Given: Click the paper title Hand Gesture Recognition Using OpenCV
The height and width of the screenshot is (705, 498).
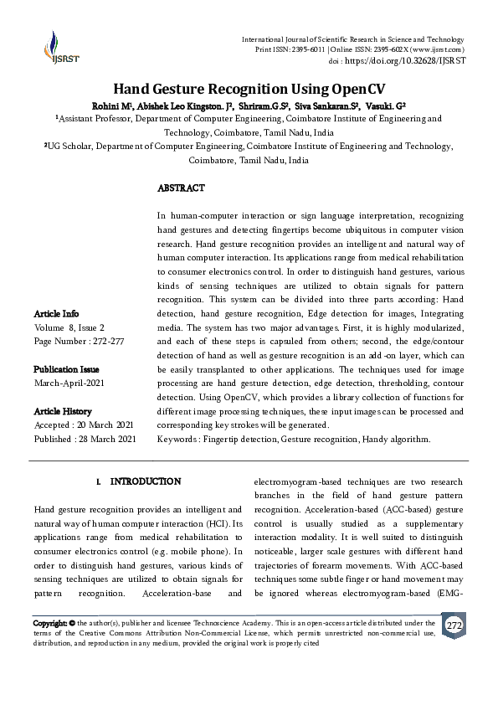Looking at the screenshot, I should pyautogui.click(x=249, y=90).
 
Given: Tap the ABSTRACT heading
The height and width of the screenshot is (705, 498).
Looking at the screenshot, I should pyautogui.click(x=181, y=188).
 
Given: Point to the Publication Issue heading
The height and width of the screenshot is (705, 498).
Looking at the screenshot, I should pyautogui.click(x=66, y=369).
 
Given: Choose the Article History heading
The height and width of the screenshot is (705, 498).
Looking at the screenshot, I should pyautogui.click(x=63, y=411).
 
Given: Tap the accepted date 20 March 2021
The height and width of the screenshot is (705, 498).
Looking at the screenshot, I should pyautogui.click(x=108, y=425).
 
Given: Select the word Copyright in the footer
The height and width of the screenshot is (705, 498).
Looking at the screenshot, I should pyautogui.click(x=49, y=624).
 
